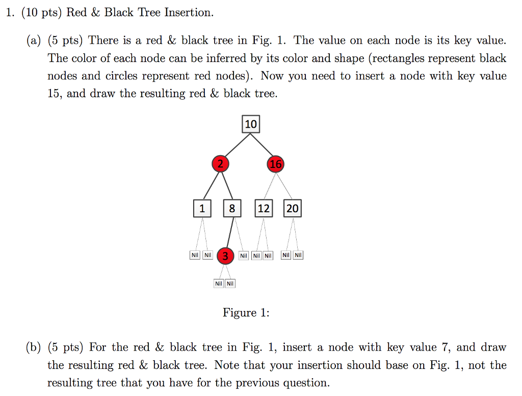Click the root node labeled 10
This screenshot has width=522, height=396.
(250, 124)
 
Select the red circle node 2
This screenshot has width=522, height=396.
(220, 164)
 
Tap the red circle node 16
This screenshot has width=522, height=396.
(275, 164)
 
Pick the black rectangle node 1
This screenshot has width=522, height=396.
(202, 208)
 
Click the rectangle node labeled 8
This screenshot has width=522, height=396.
(232, 208)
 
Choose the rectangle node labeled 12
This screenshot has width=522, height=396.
(263, 208)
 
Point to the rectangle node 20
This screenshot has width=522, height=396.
(292, 208)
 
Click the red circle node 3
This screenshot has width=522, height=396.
(225, 256)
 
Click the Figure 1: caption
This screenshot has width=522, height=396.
(246, 313)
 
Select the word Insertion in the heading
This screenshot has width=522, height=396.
(188, 12)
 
